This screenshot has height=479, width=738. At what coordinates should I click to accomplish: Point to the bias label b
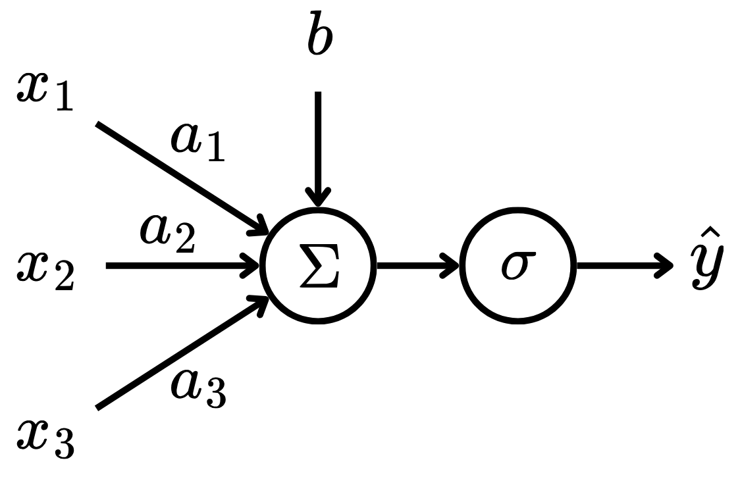[320, 39]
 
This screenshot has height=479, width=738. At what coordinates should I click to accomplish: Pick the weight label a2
[167, 235]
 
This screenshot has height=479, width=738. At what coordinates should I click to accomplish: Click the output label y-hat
[707, 266]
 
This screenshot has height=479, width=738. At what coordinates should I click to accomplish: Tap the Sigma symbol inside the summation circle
[319, 266]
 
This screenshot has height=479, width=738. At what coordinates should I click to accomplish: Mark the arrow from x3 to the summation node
[178, 355]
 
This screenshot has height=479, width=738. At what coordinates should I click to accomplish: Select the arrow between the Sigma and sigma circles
[418, 266]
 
